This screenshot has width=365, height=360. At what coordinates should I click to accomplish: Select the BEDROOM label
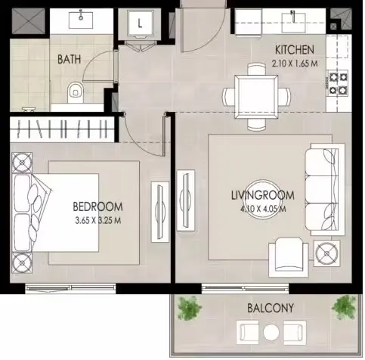click(97, 206)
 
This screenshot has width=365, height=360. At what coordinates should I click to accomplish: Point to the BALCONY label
click(270, 308)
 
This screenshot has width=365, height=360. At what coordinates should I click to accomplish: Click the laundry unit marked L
click(140, 24)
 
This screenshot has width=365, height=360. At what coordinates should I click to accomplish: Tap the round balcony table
click(271, 331)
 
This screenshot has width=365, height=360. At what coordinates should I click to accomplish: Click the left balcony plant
click(190, 307)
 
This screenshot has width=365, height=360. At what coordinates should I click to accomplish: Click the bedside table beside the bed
click(22, 160)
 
